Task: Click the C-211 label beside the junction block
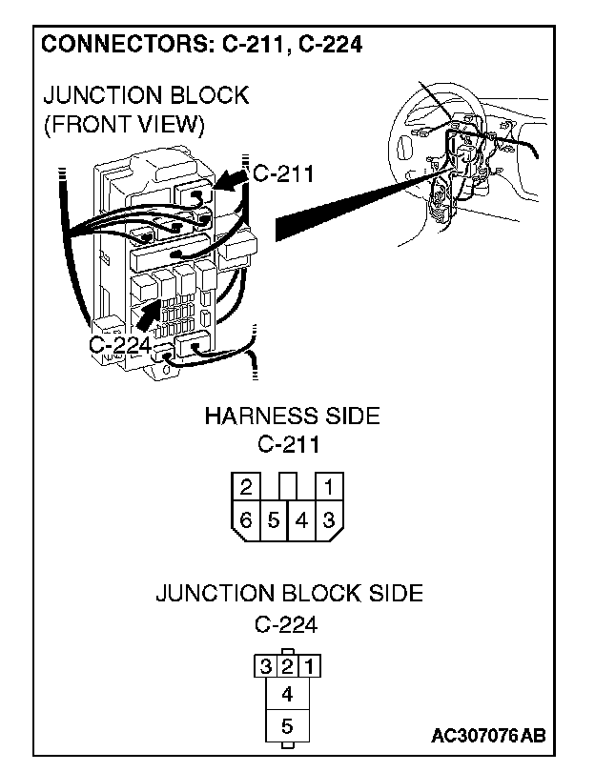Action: [282, 173]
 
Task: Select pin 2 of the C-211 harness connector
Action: [246, 488]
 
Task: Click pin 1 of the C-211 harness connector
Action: [327, 488]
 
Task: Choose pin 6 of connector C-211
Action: [246, 519]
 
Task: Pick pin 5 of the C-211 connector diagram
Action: [274, 519]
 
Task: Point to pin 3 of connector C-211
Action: [328, 519]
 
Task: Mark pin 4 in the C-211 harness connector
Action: [300, 519]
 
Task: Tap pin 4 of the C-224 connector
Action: [287, 693]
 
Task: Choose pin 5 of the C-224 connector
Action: [287, 726]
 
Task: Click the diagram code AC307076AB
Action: [488, 736]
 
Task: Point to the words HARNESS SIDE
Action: [292, 416]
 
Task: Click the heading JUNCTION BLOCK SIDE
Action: [289, 593]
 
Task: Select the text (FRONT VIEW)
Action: [124, 125]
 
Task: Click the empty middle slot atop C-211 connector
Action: [287, 485]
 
